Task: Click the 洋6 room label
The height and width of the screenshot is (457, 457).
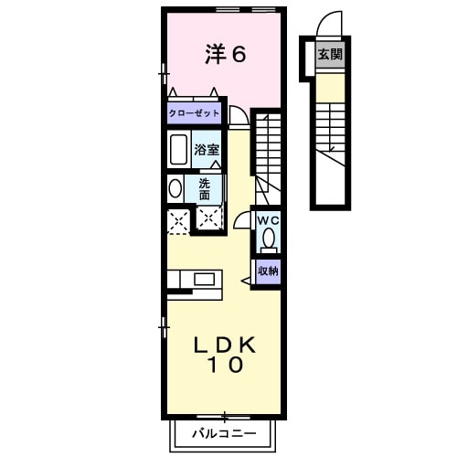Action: click(x=226, y=55)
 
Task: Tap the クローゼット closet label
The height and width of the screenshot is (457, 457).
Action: click(x=195, y=114)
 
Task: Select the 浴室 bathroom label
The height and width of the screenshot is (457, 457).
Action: click(x=206, y=148)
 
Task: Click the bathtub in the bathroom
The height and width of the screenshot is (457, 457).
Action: click(x=178, y=149)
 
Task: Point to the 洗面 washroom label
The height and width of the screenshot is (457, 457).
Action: click(x=205, y=188)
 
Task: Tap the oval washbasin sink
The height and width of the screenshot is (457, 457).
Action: click(x=175, y=188)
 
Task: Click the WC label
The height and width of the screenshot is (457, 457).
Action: click(x=267, y=220)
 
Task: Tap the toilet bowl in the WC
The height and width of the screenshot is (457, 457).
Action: click(x=268, y=239)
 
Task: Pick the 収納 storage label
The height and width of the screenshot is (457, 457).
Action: click(x=267, y=271)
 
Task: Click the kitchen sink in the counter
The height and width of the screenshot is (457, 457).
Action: click(x=203, y=278)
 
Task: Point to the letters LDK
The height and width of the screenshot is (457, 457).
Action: click(x=226, y=345)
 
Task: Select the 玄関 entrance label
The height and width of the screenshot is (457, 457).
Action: click(x=330, y=55)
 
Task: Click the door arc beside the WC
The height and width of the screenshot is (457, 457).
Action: click(x=243, y=220)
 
